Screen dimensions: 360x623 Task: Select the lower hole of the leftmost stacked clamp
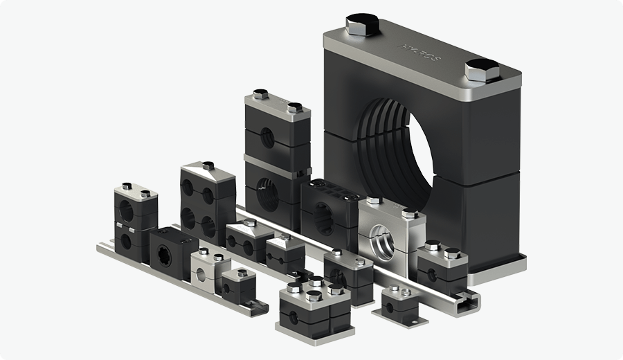(x=127, y=239)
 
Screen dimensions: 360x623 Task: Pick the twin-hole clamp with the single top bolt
(x=246, y=240)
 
